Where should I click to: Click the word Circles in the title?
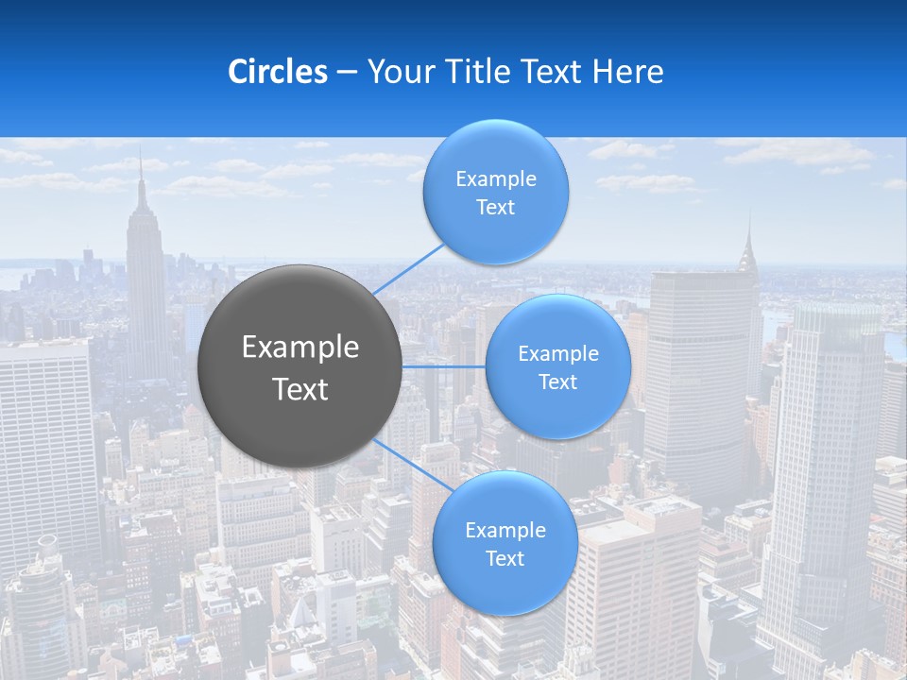(278, 72)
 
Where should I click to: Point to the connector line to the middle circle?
(443, 366)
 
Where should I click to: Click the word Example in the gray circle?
(300, 348)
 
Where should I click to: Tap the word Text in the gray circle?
(300, 389)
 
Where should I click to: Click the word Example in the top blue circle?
(495, 179)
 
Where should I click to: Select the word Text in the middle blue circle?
(557, 382)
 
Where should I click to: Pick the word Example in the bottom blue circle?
(505, 531)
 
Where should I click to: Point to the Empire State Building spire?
(141, 175)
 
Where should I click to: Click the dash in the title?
(347, 72)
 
